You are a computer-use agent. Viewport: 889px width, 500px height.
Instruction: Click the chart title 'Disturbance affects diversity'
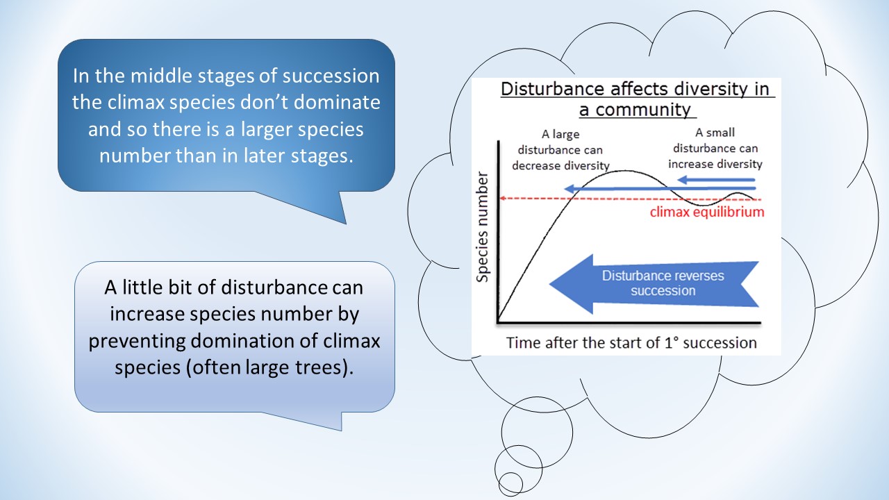click(x=638, y=90)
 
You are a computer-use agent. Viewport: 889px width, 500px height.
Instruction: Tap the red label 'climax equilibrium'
click(x=706, y=212)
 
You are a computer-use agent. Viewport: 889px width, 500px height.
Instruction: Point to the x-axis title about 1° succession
click(x=631, y=342)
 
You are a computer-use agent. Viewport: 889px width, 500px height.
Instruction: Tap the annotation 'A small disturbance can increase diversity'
click(x=715, y=148)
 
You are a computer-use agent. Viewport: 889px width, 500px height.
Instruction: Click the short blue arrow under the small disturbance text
click(x=715, y=180)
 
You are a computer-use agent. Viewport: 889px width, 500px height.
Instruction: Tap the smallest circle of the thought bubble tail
click(x=510, y=483)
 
